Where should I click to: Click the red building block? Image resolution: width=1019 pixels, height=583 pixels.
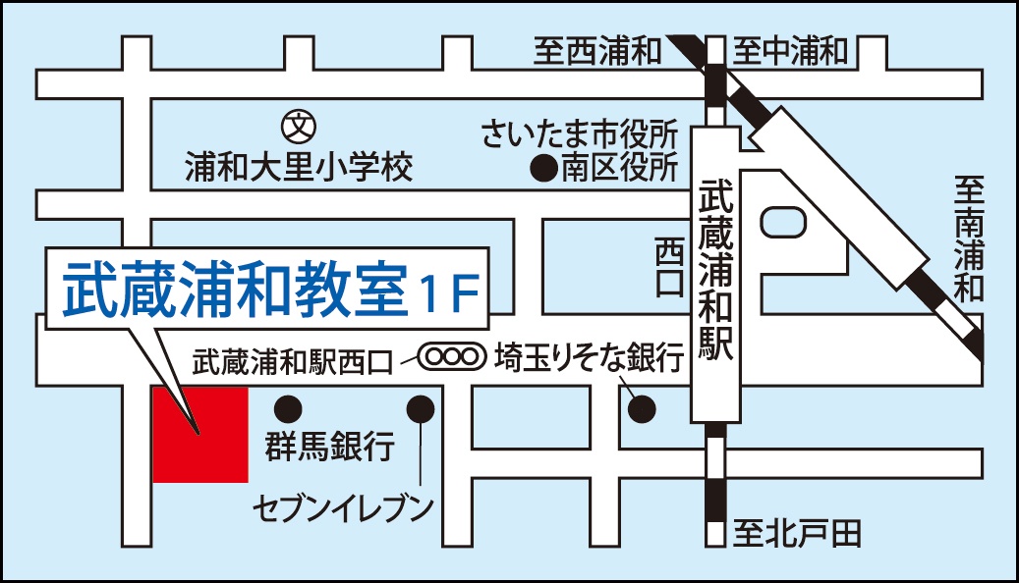200,434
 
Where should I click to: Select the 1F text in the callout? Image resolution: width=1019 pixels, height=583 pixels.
447,289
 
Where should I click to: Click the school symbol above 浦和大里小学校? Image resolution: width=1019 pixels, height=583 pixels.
296,127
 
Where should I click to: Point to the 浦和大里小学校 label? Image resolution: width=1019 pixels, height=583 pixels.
299,169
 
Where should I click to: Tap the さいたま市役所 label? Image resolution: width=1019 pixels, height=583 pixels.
580,133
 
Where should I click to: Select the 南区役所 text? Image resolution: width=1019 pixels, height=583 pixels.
619,169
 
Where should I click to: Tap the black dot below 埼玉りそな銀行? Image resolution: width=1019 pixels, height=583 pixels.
642,406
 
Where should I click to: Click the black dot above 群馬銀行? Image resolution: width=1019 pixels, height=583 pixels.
288,406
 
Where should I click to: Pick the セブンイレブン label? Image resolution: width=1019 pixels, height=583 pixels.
343,508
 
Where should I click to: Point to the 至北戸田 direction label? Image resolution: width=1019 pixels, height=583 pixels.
797,534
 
